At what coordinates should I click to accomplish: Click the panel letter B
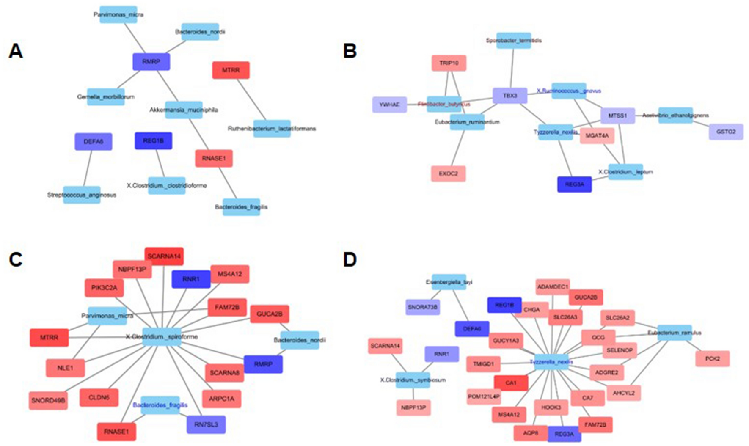click(x=350, y=51)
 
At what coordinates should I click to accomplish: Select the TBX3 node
click(x=510, y=96)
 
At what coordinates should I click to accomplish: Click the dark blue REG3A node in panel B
click(x=574, y=184)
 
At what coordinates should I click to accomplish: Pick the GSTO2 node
click(x=726, y=132)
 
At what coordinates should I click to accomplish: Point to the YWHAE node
click(x=389, y=105)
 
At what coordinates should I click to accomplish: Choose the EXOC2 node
click(x=448, y=173)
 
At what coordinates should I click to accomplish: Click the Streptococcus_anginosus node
click(x=82, y=195)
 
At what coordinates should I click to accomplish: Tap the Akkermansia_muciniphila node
click(x=184, y=110)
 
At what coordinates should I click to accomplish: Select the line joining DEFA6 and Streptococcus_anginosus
click(x=88, y=168)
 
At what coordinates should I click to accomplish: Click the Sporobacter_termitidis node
click(x=513, y=41)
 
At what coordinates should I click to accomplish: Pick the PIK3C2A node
click(x=104, y=288)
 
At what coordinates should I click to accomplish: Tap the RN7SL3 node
click(x=206, y=424)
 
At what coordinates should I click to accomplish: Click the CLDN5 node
click(x=99, y=398)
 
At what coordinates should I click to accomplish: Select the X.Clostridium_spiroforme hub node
click(x=162, y=337)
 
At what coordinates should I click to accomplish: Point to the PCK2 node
click(x=712, y=358)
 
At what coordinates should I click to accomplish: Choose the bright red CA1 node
click(x=511, y=383)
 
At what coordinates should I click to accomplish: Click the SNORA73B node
click(x=422, y=307)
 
